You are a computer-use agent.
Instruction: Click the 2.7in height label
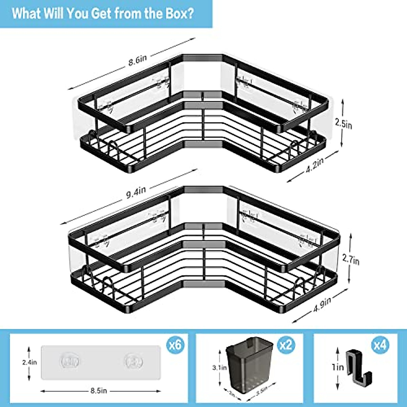coord(351,260)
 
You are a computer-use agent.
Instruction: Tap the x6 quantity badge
coord(175,345)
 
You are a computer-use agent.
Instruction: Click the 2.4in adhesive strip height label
coord(29,362)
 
